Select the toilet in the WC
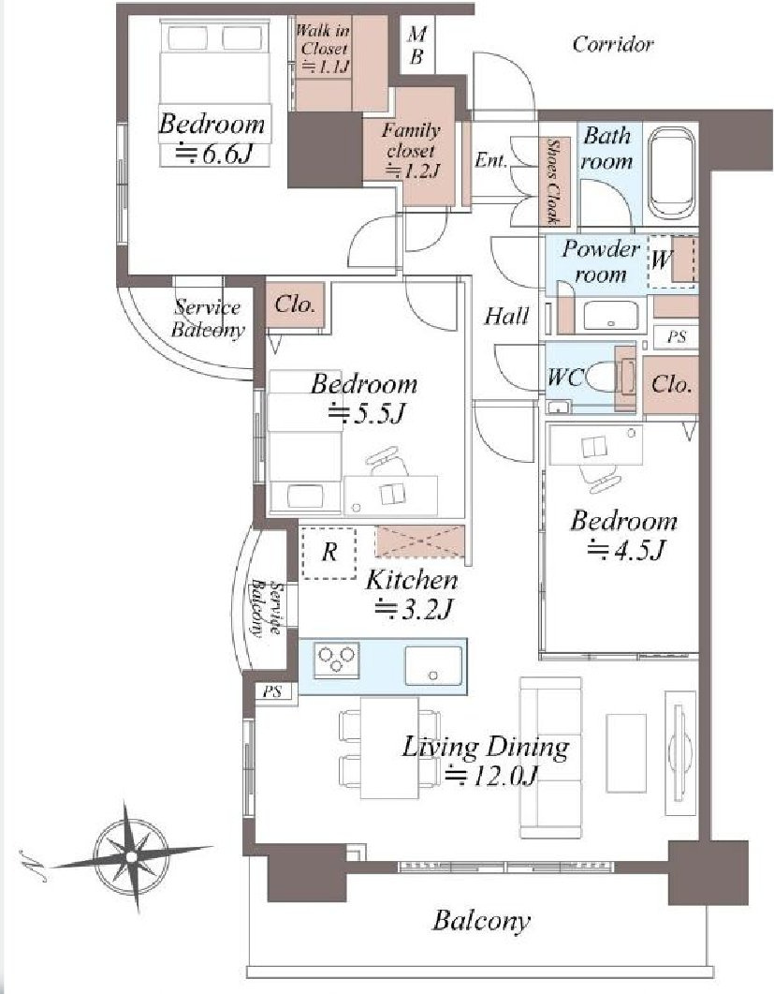tap(603, 378)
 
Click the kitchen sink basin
tap(433, 665)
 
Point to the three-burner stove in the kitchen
tap(337, 660)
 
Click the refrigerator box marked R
tap(329, 552)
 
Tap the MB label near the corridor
tap(416, 46)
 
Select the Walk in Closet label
tap(324, 48)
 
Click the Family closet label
tap(411, 151)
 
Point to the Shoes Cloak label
tap(552, 182)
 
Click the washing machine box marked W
tap(672, 261)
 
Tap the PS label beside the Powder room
tap(677, 336)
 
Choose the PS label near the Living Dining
tap(272, 691)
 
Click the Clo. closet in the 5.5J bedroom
tap(295, 305)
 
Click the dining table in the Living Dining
tap(389, 748)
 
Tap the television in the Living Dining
tap(679, 752)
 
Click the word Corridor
tap(612, 44)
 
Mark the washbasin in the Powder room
tap(610, 315)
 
